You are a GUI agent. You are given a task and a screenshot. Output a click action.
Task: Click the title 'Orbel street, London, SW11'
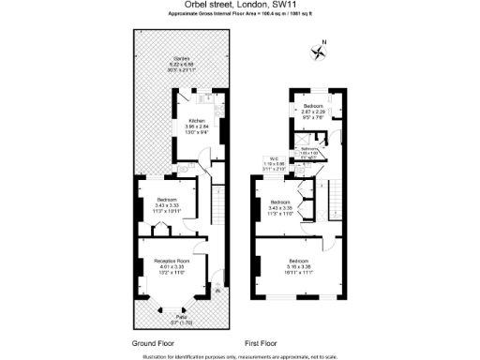coord(241,7)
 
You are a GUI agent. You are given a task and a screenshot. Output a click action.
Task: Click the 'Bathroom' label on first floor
coord(311,150)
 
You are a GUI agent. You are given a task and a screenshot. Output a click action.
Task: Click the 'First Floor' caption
coord(263,343)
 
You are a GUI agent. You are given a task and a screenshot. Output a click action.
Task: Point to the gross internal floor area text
coord(241,16)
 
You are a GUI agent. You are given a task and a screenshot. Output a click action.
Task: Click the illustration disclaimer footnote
coord(240,355)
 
